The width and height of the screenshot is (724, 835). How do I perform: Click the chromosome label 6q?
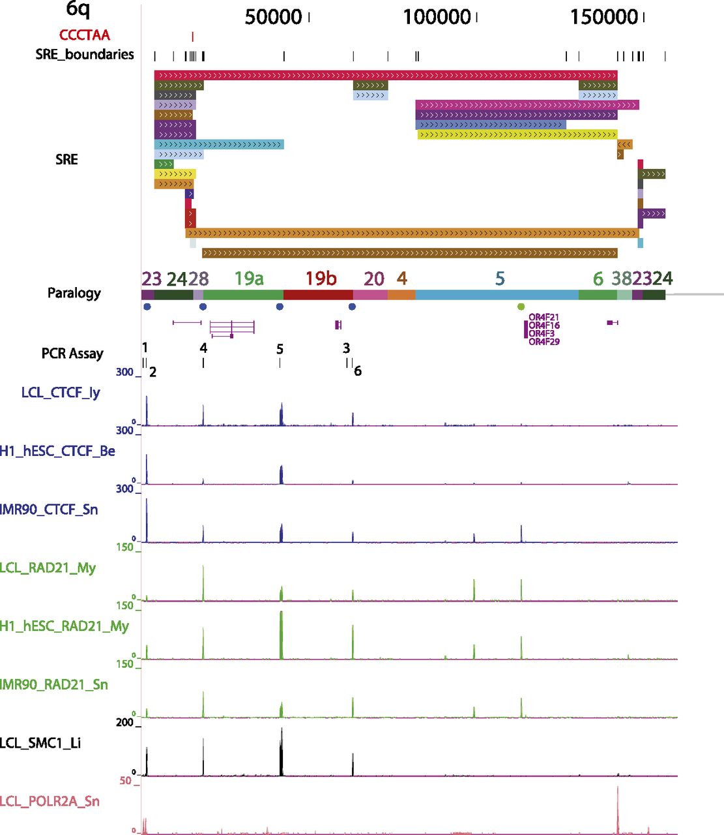coord(78,9)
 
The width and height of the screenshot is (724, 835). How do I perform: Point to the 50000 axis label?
coord(273,17)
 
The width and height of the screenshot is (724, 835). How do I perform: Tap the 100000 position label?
coord(437,17)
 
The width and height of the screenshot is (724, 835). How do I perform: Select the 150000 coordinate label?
coord(604,17)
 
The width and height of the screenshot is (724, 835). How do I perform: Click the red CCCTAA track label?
coord(85,35)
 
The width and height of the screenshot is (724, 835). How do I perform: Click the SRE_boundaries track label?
coord(85,54)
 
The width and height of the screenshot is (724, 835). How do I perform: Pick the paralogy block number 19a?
coord(249,279)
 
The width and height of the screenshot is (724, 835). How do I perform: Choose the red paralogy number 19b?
coord(321,279)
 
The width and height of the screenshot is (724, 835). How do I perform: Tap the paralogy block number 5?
coord(500,279)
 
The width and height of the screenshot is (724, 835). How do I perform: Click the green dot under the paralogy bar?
coord(521,307)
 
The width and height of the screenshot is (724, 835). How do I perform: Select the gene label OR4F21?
coord(543,318)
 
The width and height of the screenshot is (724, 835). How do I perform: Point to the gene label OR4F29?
coord(543,342)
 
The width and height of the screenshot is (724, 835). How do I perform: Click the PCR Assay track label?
coord(72,354)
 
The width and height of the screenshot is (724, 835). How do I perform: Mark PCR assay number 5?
coord(280,350)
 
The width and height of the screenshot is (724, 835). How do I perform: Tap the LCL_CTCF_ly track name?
coord(61,392)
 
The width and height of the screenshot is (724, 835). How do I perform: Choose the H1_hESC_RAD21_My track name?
coord(64,626)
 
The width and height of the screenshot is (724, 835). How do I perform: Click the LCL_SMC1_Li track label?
coord(40,743)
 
